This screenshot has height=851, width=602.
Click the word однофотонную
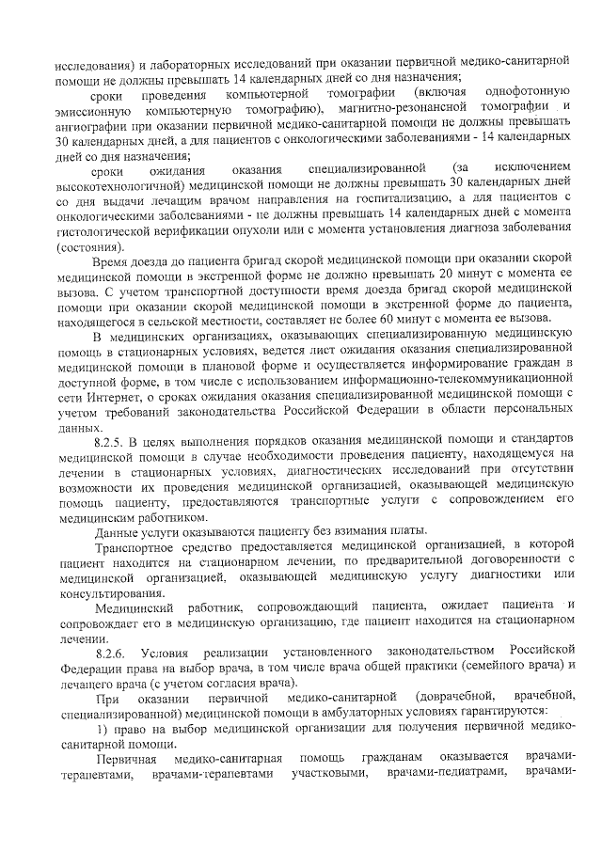pyautogui.click(x=527, y=95)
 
